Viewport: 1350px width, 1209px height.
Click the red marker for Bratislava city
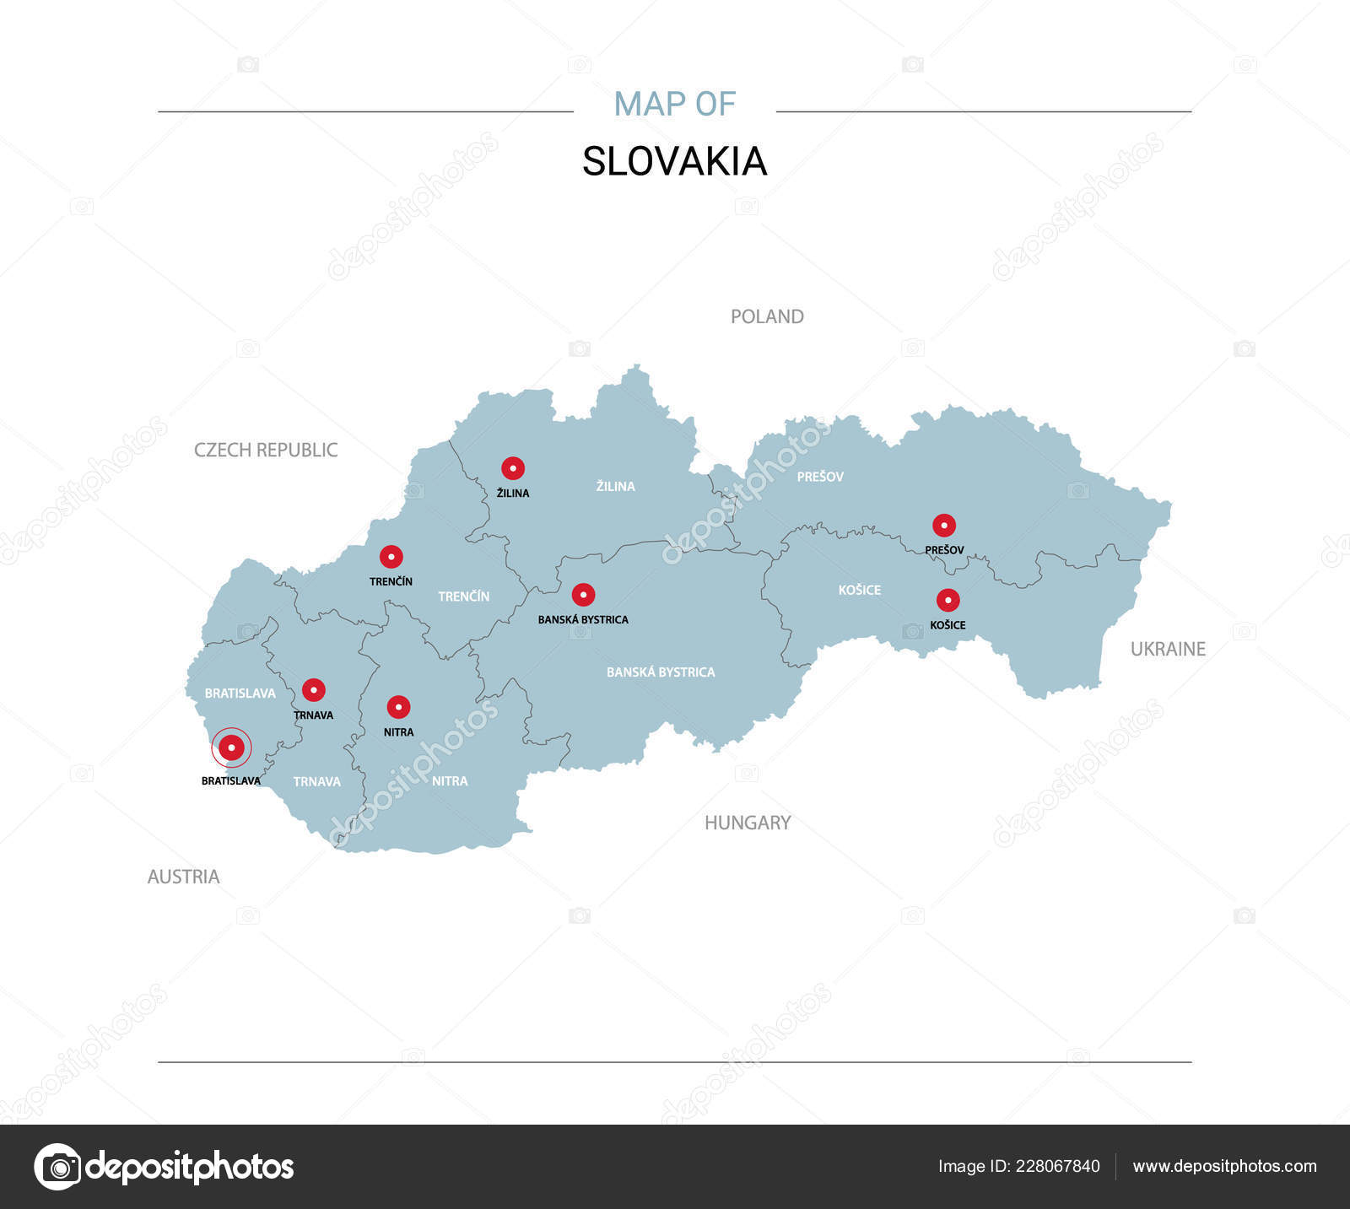(x=231, y=748)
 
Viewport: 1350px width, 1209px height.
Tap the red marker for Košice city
(x=948, y=601)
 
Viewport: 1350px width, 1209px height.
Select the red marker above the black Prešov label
(x=943, y=526)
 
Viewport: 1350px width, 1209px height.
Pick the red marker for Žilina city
(x=513, y=468)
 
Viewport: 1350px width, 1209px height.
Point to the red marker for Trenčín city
(x=391, y=557)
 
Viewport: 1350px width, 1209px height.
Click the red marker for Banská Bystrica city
(x=583, y=595)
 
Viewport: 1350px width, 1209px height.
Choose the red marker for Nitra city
(x=398, y=707)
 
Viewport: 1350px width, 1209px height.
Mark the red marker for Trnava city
(x=314, y=690)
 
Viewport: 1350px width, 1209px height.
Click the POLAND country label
(x=767, y=316)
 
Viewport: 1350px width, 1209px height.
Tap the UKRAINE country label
(x=1168, y=649)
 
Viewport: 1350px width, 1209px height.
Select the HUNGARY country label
(x=748, y=823)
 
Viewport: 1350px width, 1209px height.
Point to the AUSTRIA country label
(x=183, y=877)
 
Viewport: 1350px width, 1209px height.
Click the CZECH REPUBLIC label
(x=266, y=450)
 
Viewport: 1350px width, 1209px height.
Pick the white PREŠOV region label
(x=820, y=477)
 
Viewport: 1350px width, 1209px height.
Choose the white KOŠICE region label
(x=859, y=590)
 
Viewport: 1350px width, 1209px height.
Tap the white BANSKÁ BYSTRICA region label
(x=661, y=672)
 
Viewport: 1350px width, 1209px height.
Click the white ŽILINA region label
(x=615, y=486)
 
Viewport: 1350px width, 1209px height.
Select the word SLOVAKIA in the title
(x=674, y=161)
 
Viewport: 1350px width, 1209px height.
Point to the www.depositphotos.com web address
(x=1224, y=1166)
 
